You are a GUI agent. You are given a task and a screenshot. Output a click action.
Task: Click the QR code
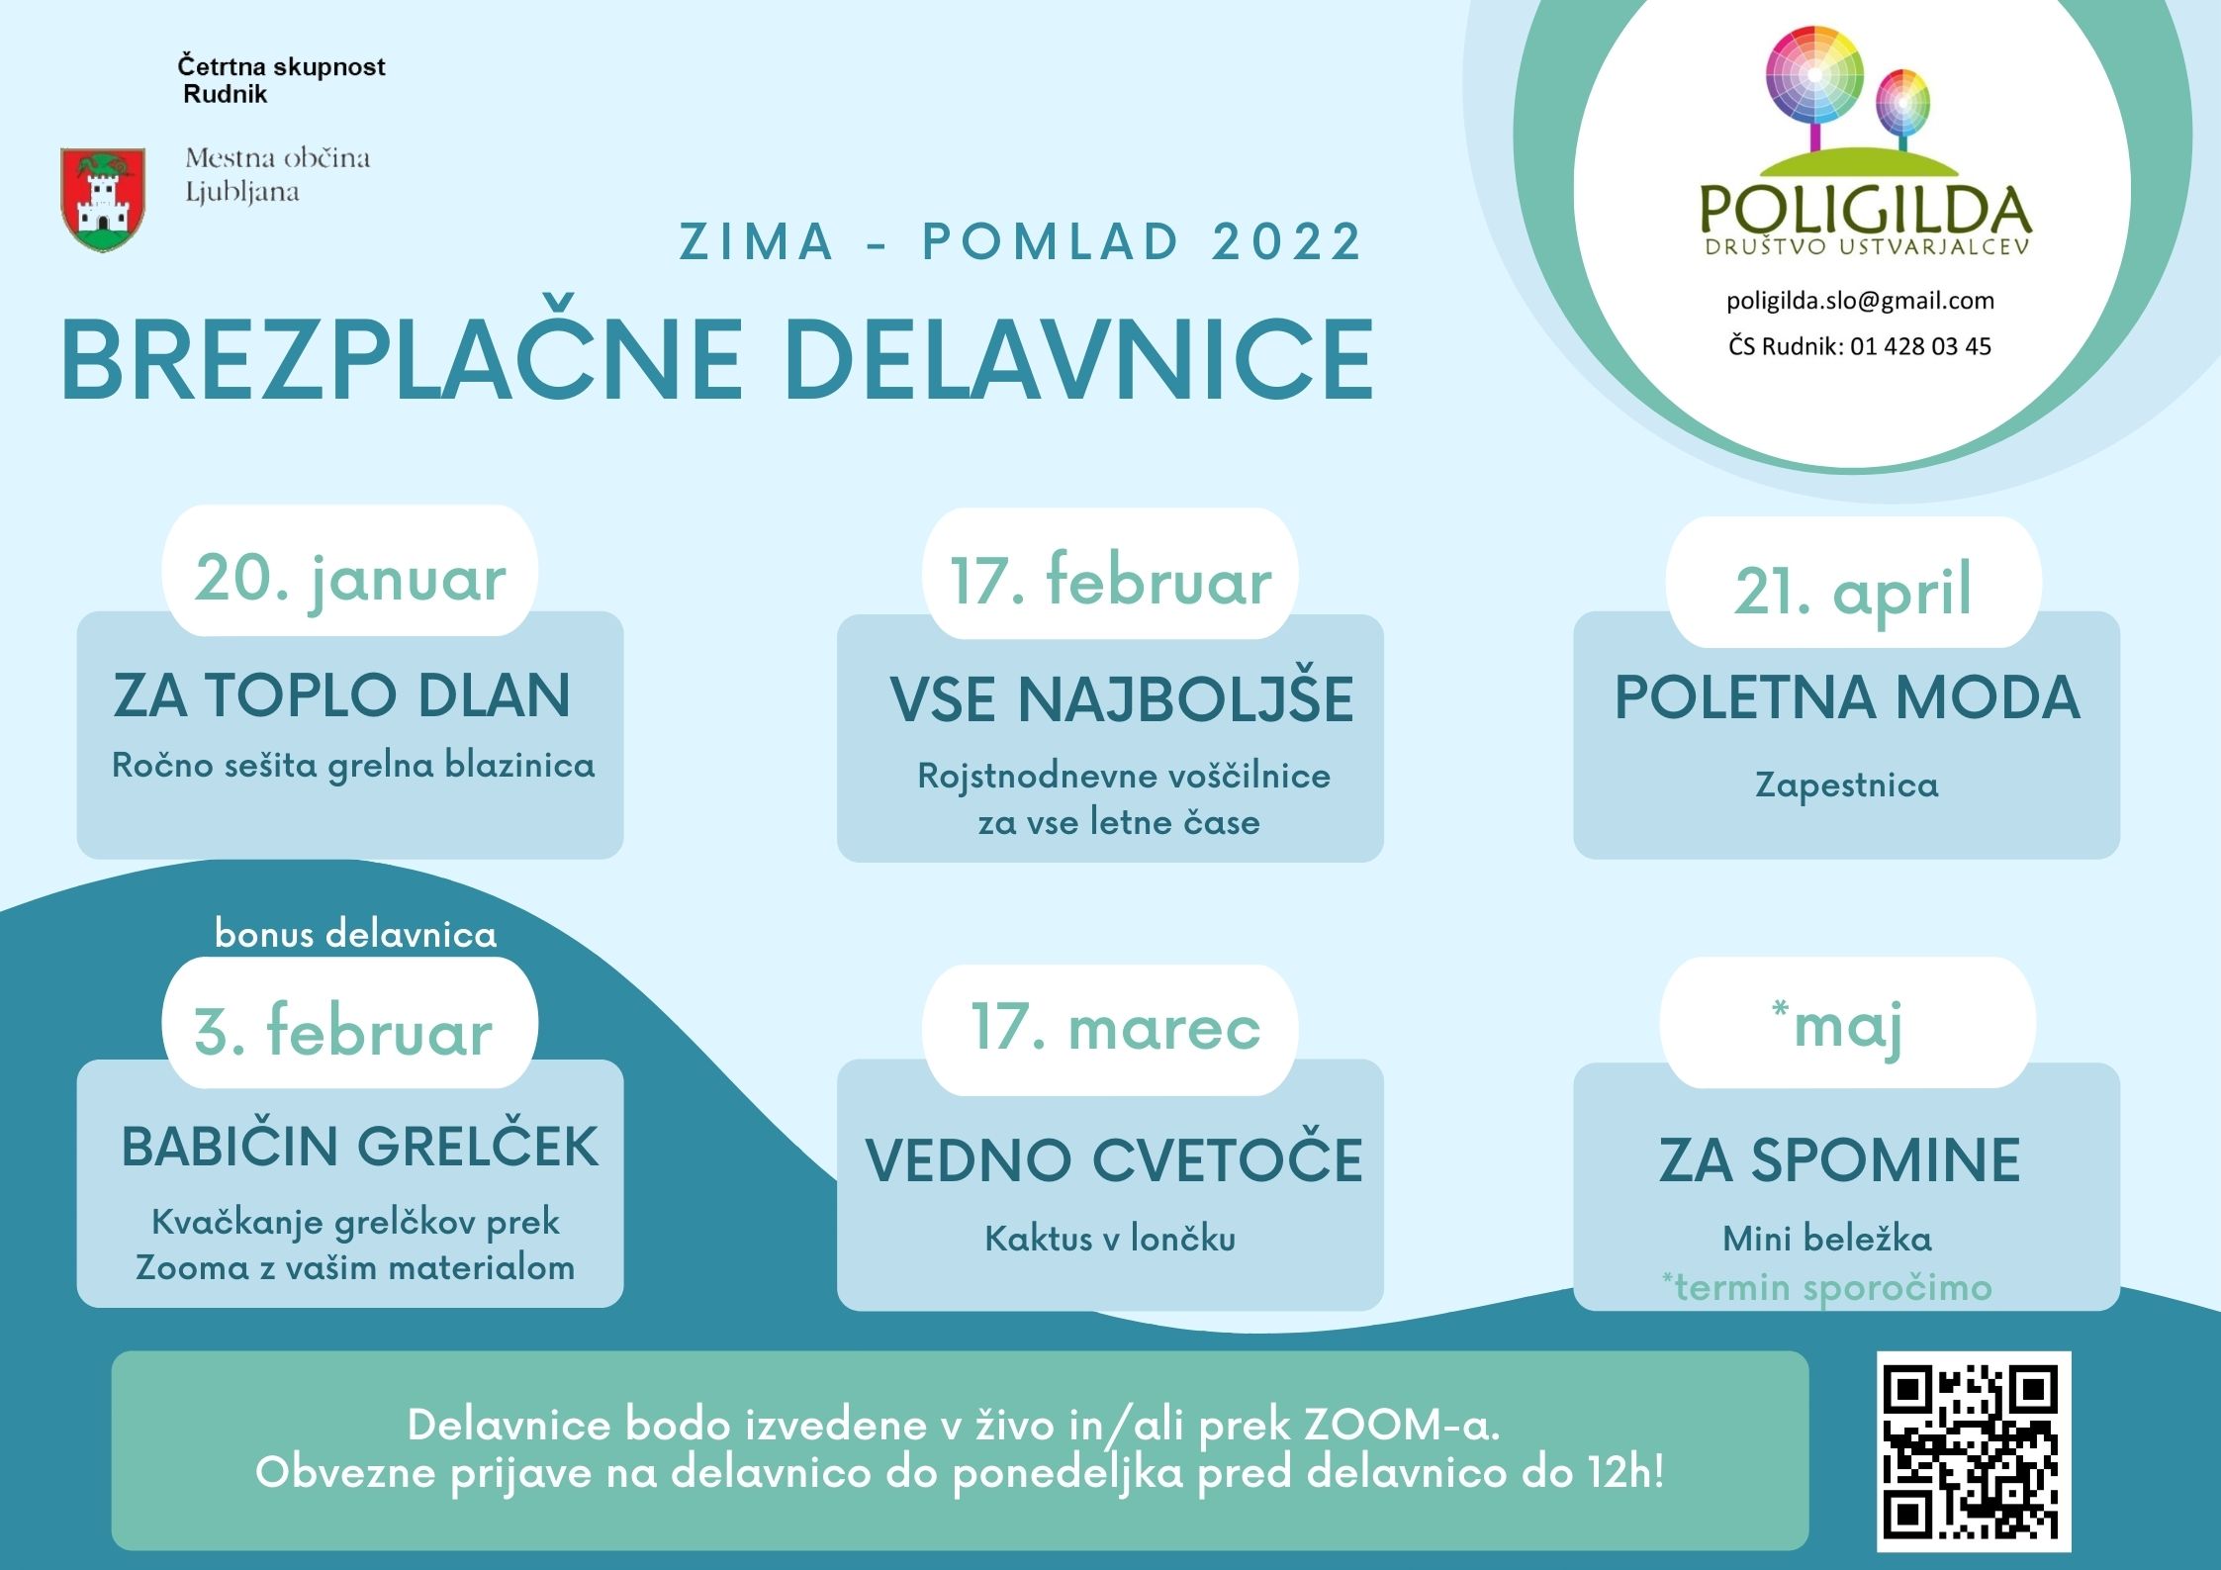(1974, 1450)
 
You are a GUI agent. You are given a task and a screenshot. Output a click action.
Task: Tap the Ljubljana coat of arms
(103, 200)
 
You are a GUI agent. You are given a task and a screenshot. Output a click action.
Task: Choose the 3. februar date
(342, 1030)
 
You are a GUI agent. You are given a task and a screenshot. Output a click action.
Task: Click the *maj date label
(1837, 1028)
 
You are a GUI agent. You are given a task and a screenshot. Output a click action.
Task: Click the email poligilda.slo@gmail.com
(1860, 301)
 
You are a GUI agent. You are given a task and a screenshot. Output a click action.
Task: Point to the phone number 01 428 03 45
(1920, 346)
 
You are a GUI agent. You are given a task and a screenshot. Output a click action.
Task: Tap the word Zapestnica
(1846, 785)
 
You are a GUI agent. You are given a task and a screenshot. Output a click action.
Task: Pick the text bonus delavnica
(355, 934)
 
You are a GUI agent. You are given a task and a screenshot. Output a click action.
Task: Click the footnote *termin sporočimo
(1826, 1287)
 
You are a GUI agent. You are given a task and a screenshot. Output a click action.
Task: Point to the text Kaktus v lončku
(1110, 1238)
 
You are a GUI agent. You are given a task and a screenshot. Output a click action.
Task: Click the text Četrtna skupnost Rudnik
(281, 80)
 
